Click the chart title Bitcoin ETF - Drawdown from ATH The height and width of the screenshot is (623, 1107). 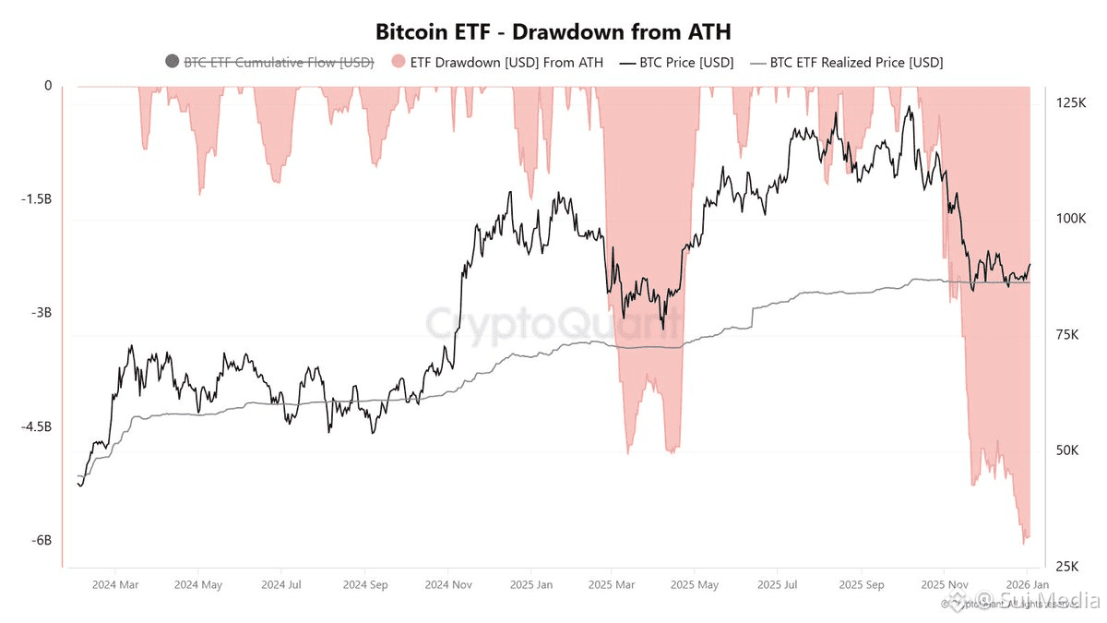(553, 31)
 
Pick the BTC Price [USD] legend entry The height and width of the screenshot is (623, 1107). (675, 63)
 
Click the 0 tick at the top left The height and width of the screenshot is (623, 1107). (47, 86)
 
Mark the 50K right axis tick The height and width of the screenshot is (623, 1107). (1066, 450)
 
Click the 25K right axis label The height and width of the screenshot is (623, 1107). (1066, 566)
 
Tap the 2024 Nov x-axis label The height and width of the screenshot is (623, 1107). (449, 584)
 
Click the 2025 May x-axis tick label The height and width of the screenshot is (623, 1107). (694, 584)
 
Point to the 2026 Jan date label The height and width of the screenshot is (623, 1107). (1026, 584)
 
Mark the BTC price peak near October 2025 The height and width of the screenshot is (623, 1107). (910, 106)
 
